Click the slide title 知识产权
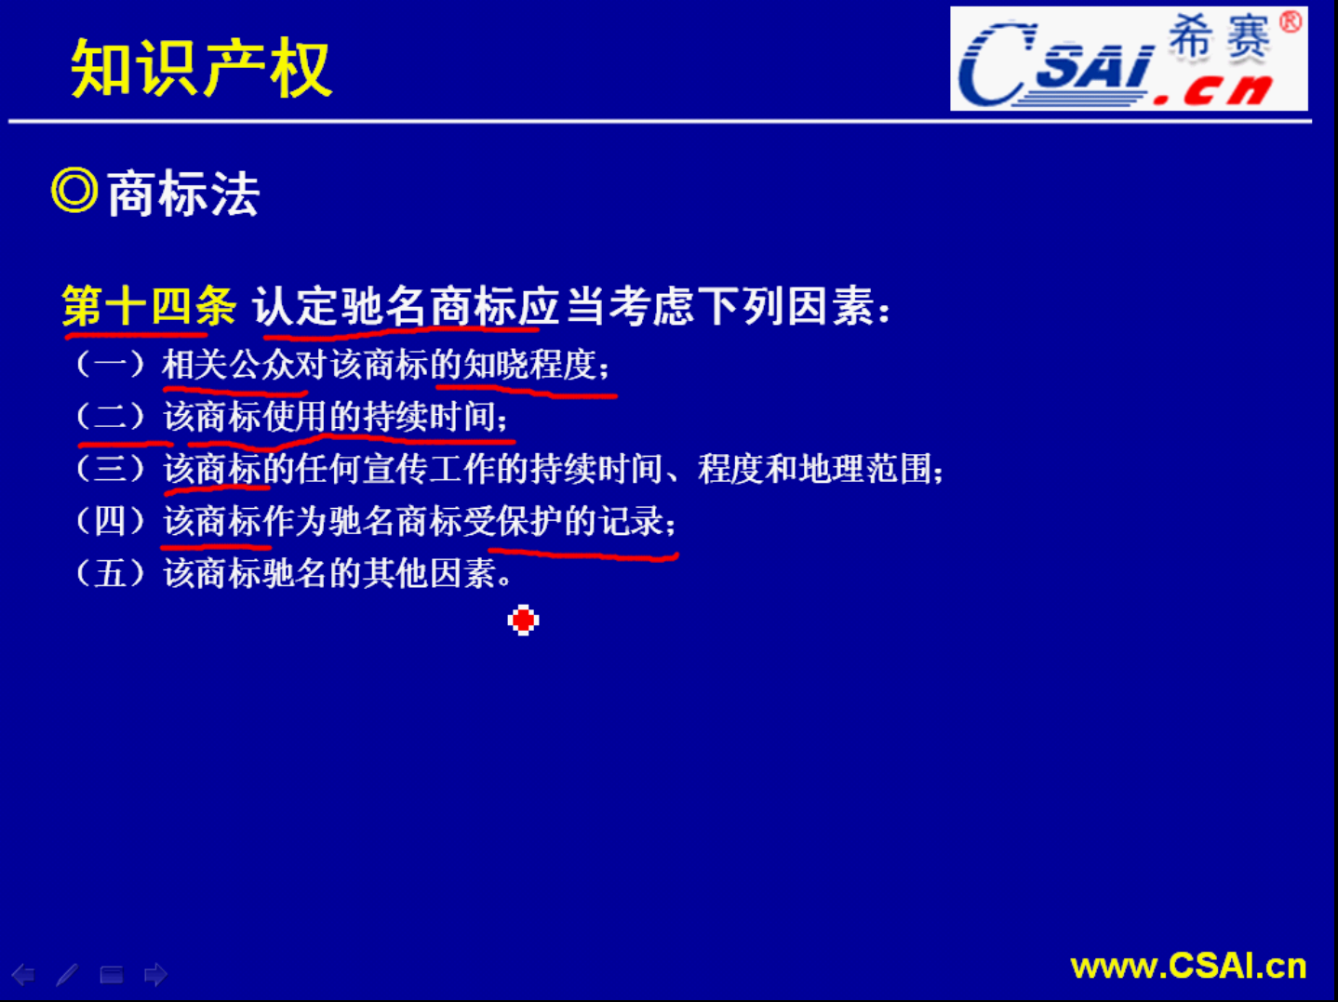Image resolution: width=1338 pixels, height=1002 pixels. click(201, 68)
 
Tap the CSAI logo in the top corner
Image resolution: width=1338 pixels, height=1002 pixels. click(1129, 59)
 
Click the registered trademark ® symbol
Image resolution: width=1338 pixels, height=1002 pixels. click(1291, 22)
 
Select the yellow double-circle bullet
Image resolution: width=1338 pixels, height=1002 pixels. click(74, 190)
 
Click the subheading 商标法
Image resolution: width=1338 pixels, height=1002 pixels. click(183, 194)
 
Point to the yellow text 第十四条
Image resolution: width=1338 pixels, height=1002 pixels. click(148, 305)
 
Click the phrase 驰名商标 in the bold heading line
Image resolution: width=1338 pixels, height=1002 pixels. click(429, 305)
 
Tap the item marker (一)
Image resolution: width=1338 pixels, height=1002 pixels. click(111, 365)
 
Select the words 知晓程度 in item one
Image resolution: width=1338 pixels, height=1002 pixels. click(530, 365)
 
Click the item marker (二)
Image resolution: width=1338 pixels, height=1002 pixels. click(111, 417)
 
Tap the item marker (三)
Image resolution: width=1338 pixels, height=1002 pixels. click(111, 469)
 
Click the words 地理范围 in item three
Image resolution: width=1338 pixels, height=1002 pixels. click(865, 469)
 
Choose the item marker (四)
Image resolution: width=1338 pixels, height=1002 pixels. click(111, 521)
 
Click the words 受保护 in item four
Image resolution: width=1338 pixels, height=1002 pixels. click(513, 521)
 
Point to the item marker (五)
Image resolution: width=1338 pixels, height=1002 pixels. click(111, 573)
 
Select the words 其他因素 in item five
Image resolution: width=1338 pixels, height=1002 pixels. click(430, 573)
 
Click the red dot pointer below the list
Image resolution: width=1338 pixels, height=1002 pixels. click(523, 621)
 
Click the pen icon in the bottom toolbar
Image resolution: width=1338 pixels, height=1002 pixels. click(67, 975)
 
